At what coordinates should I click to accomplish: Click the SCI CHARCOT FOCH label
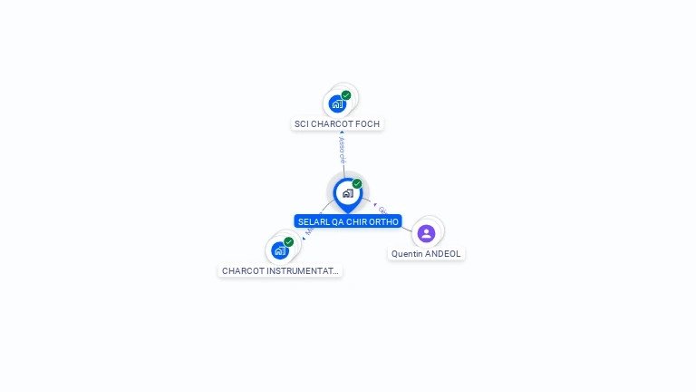337,123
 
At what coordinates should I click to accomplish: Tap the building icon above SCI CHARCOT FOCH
337,103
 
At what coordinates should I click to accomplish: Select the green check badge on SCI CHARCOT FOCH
346,95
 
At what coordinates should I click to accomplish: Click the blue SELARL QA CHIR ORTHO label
348,221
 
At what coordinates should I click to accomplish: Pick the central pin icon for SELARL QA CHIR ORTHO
347,193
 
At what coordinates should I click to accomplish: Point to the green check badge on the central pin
357,184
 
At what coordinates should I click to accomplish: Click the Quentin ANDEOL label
426,254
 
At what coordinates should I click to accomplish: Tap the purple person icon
426,233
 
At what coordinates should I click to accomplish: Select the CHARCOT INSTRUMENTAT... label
281,270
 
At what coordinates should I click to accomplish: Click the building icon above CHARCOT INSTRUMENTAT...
279,250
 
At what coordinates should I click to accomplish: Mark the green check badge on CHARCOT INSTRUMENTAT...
288,242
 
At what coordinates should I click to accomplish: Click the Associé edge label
342,150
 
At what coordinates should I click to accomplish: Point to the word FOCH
368,123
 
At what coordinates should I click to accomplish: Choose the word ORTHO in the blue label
383,221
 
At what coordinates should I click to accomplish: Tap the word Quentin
407,254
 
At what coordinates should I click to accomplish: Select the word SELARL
313,221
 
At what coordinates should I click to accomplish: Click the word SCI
302,123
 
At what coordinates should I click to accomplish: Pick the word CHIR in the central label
356,221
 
